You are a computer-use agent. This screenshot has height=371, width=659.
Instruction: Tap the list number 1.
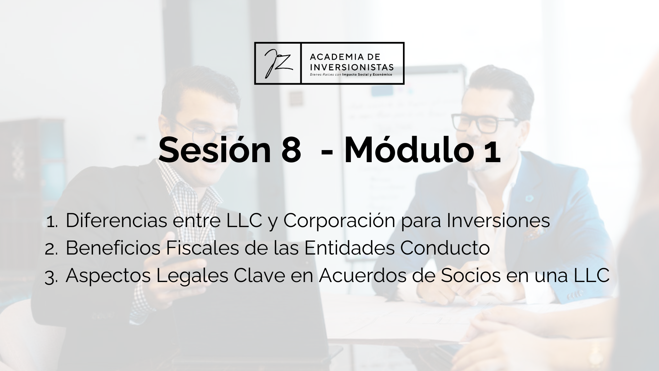click(x=52, y=222)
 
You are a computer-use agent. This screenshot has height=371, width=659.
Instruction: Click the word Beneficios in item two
click(x=113, y=248)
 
